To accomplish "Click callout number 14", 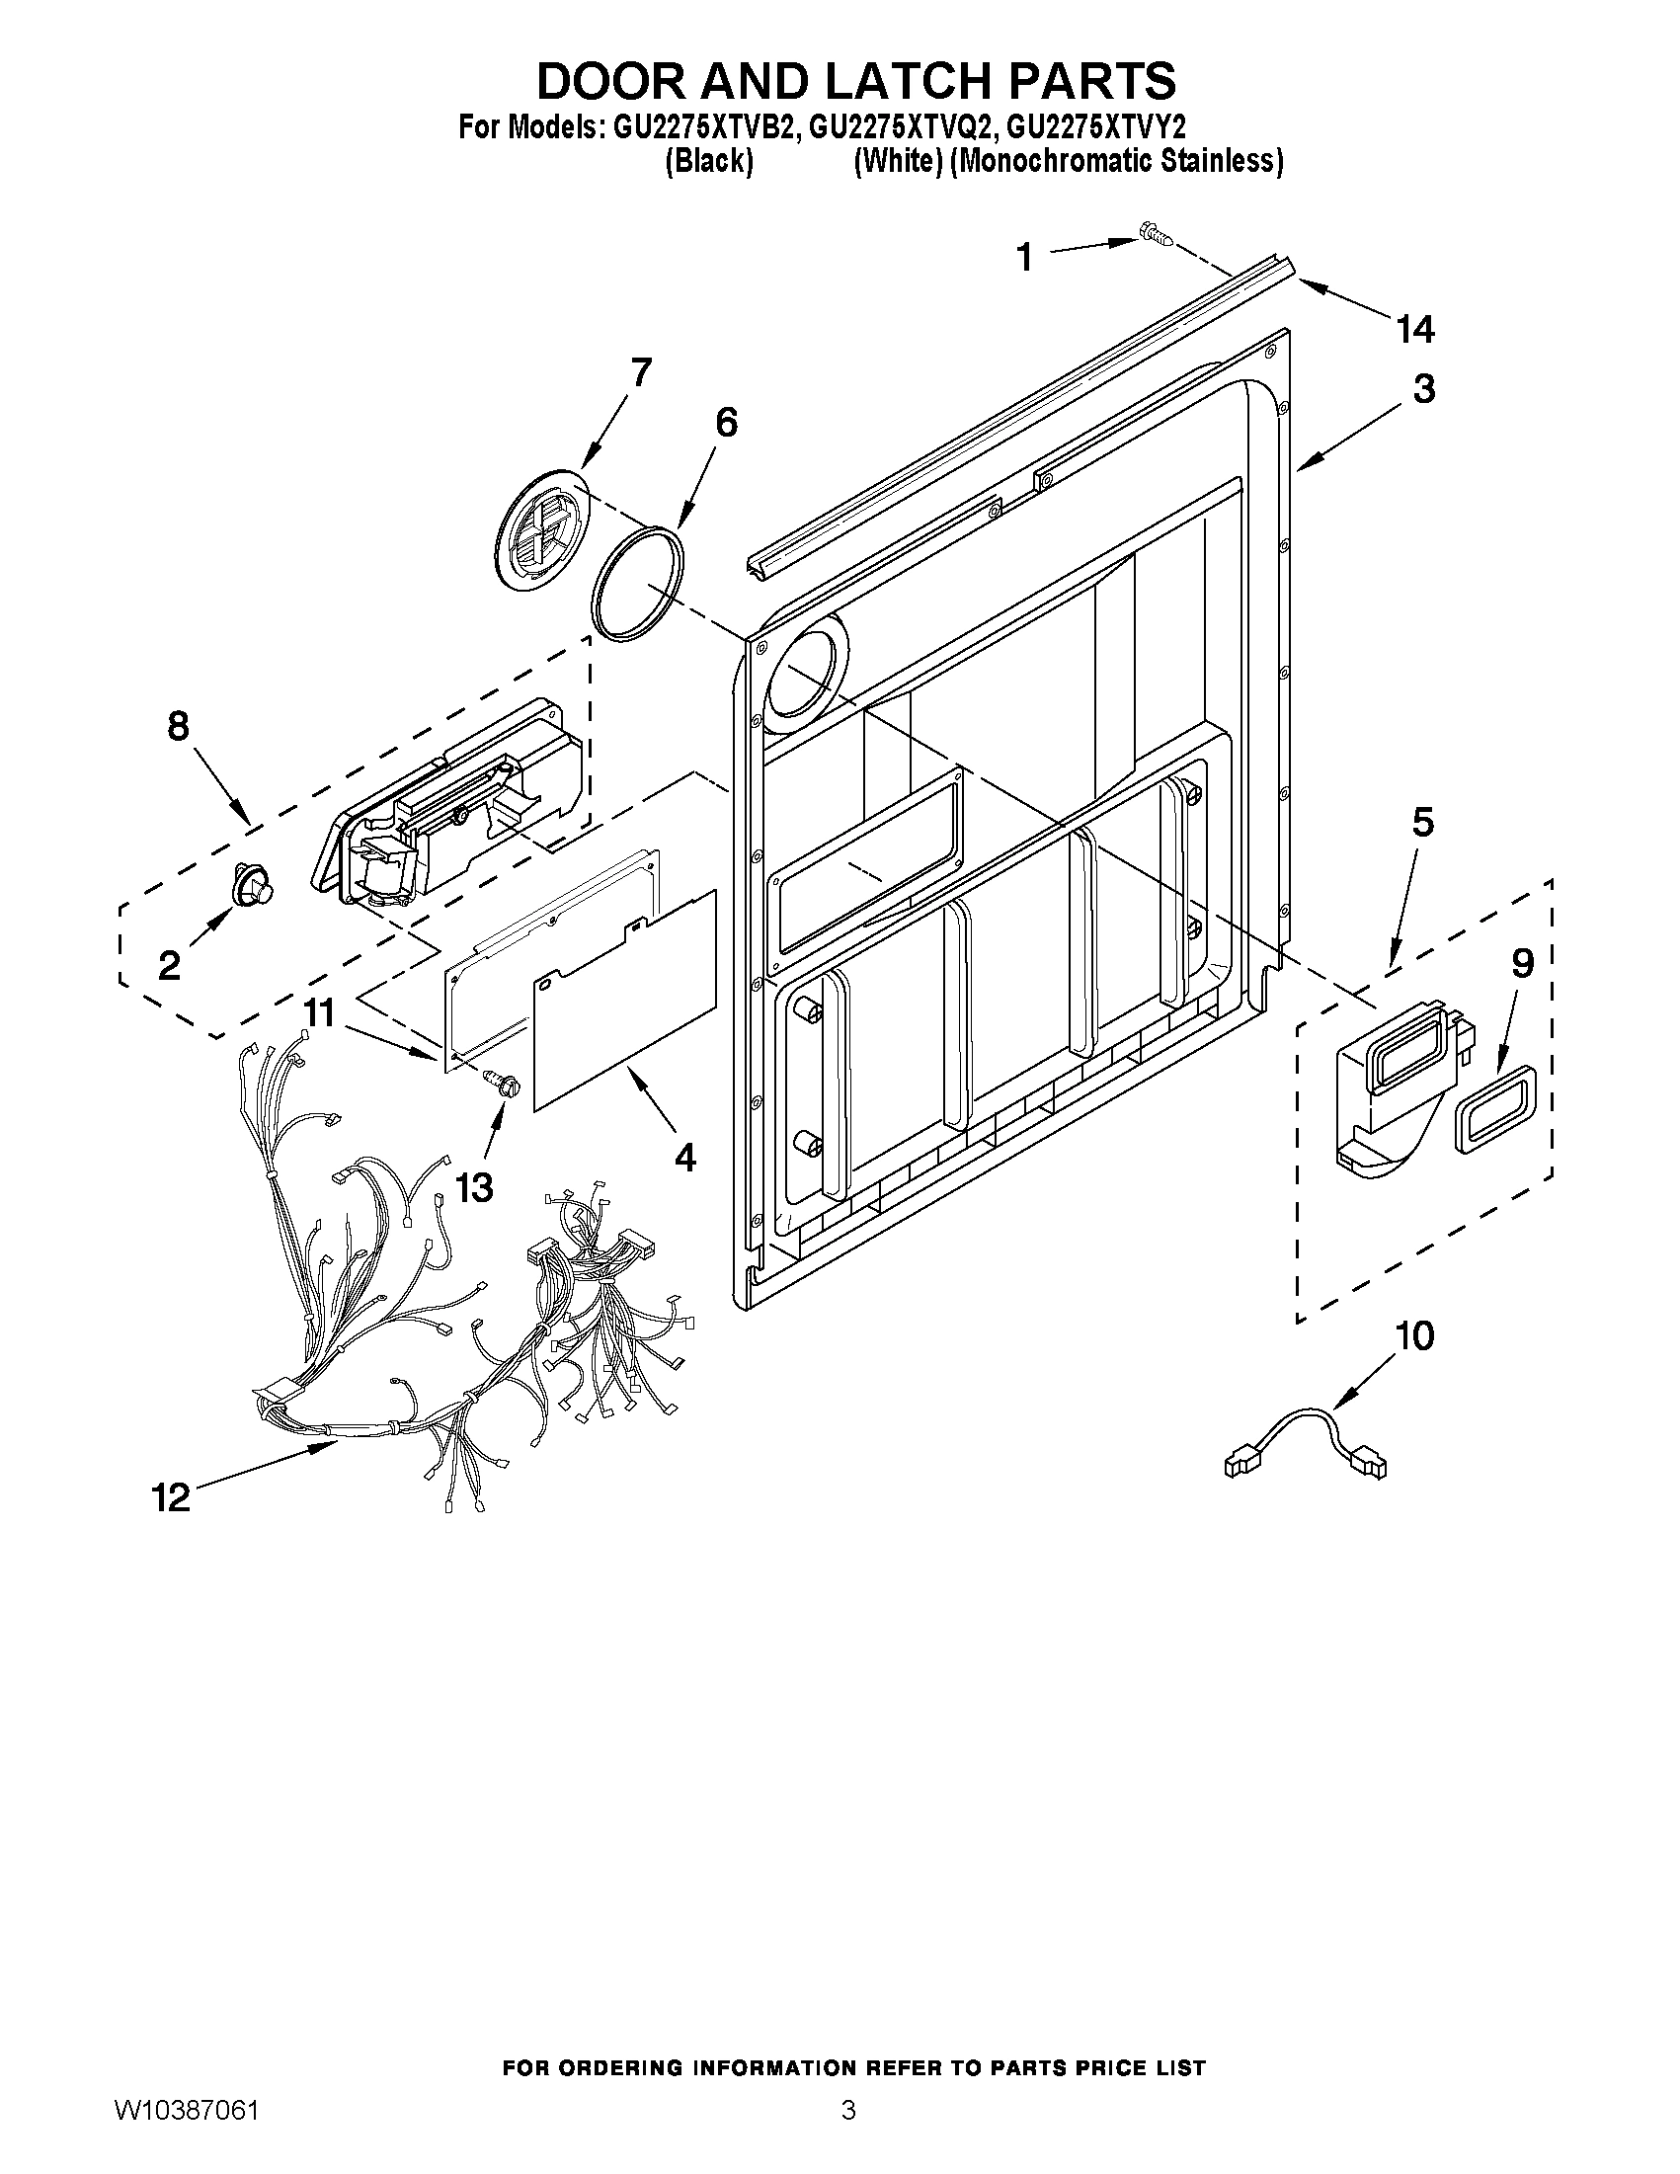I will click(x=1415, y=328).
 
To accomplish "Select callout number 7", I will click(x=641, y=372).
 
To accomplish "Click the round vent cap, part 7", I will click(x=538, y=531).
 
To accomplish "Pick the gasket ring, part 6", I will click(x=637, y=580).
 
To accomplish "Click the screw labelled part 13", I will click(x=498, y=1081).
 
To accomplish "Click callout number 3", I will click(x=1424, y=388).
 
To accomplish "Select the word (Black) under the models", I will click(x=707, y=161).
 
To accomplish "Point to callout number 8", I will click(x=178, y=727).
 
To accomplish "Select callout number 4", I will click(x=684, y=1157).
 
